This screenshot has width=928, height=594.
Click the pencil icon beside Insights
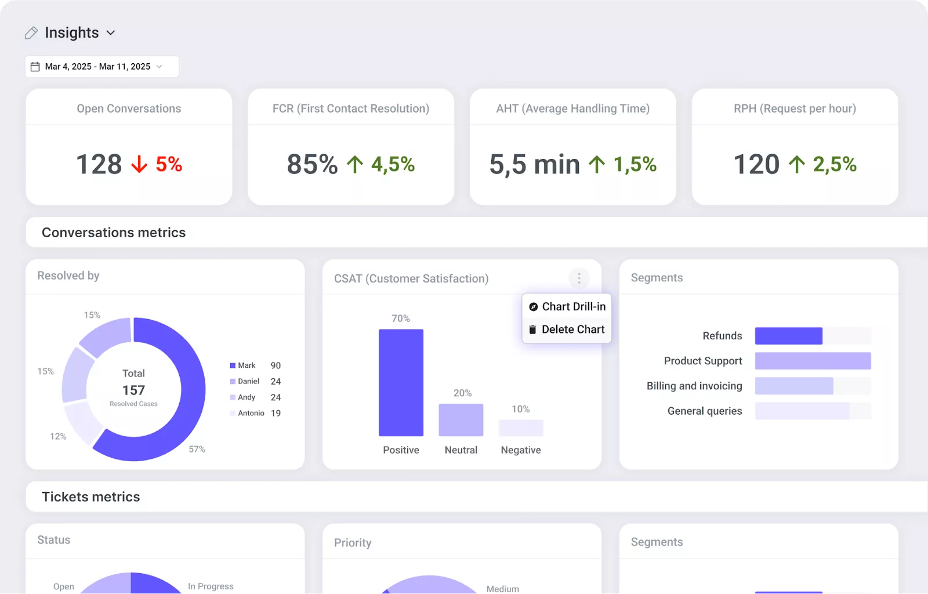(31, 33)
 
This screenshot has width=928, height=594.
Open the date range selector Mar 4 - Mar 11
(101, 67)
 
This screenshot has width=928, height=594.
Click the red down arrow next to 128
(139, 165)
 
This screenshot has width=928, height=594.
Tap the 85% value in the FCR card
(312, 164)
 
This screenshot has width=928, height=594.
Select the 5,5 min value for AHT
(534, 164)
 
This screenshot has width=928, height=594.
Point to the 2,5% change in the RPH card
(834, 165)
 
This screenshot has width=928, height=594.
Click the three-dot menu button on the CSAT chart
(579, 278)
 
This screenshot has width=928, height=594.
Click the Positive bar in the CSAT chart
(401, 383)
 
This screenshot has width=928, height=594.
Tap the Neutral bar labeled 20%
(461, 420)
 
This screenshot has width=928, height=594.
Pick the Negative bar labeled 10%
(521, 428)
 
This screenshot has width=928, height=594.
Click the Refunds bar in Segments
(788, 336)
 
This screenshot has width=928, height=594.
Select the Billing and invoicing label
(694, 386)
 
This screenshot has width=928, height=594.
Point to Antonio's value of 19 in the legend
(275, 413)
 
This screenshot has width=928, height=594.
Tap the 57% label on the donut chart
(197, 449)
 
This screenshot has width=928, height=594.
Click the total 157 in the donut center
(133, 390)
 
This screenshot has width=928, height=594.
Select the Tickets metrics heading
(91, 497)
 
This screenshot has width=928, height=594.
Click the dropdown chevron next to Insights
(111, 33)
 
